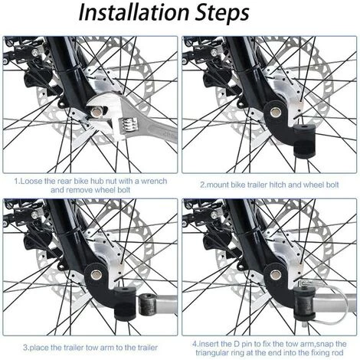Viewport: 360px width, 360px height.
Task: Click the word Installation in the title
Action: coord(135,13)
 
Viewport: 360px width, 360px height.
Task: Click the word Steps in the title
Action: coord(222,14)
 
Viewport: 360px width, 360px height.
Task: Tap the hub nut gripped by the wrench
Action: coord(97,112)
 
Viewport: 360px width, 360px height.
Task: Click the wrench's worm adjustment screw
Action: coord(128,124)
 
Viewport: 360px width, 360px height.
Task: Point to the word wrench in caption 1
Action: coord(154,181)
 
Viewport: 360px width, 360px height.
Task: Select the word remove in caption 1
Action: coord(79,190)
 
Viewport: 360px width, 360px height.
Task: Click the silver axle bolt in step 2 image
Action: coord(275,112)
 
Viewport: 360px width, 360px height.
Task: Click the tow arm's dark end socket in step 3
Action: coord(146,305)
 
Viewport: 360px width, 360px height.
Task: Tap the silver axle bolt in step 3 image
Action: coord(97,275)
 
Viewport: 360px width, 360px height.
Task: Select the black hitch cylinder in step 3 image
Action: coord(124,303)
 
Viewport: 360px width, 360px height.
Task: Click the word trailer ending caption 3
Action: coord(144,348)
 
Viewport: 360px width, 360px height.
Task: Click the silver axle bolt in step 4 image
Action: coord(276,275)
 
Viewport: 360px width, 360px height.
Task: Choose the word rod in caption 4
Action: coord(338,352)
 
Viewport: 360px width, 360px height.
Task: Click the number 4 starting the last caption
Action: coord(195,344)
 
